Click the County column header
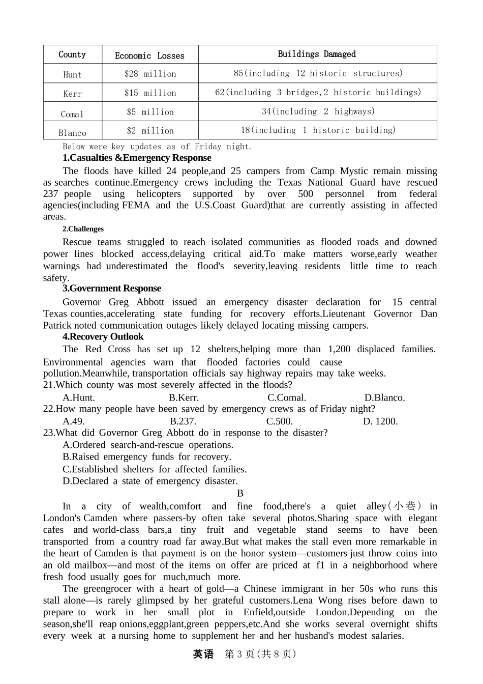(x=72, y=54)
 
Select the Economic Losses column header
(x=149, y=55)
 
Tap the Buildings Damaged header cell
(x=317, y=54)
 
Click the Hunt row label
(x=72, y=74)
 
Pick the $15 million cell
(x=150, y=93)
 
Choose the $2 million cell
(x=150, y=130)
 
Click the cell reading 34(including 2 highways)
(x=318, y=111)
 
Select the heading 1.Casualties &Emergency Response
(x=137, y=158)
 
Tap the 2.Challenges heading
(x=83, y=229)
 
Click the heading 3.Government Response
(x=112, y=288)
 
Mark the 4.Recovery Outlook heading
(x=103, y=336)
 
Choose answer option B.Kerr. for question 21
(x=184, y=397)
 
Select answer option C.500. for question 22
(x=280, y=421)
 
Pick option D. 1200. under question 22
(x=380, y=421)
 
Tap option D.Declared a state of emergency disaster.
(x=150, y=481)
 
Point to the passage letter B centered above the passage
(x=240, y=493)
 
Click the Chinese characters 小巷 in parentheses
(x=405, y=506)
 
